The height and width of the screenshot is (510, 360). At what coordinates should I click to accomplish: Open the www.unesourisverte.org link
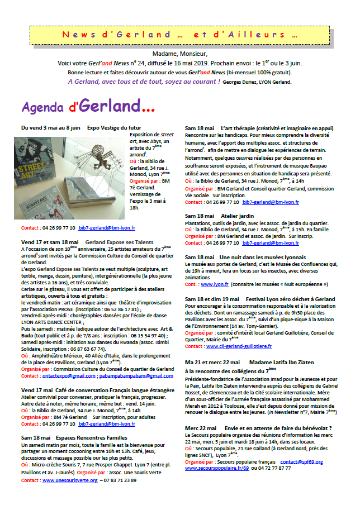tap(70, 480)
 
